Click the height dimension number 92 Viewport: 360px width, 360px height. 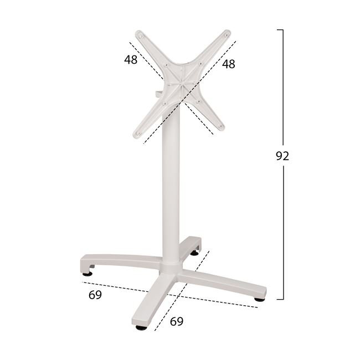click(282, 156)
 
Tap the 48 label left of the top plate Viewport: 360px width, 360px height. click(131, 60)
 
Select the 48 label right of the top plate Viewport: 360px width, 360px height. click(228, 64)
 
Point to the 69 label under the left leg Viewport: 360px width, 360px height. click(95, 295)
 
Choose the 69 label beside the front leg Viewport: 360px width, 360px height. click(177, 321)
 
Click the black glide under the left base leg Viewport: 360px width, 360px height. click(88, 274)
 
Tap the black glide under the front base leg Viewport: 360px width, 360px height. click(141, 327)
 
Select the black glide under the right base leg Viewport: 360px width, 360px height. click(259, 300)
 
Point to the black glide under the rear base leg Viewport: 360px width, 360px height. click(195, 253)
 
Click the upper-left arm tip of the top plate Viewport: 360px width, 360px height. click(139, 34)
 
